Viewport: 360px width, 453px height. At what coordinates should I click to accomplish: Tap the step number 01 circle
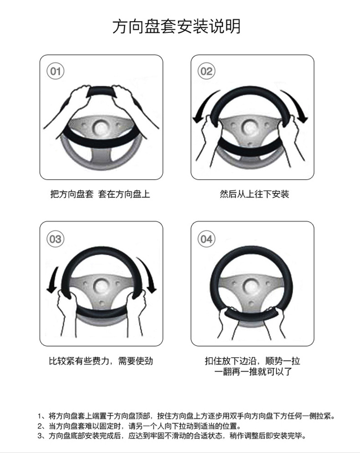tap(56, 71)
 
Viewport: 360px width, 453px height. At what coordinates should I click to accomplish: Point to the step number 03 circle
tap(56, 239)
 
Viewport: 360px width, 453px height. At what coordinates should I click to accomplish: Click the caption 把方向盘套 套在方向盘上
tap(100, 194)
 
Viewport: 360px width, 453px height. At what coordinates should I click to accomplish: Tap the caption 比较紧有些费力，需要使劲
tap(101, 361)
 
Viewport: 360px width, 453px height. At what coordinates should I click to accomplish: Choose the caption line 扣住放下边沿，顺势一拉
tap(252, 361)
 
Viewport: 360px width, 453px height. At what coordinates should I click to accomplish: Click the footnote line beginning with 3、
tap(173, 436)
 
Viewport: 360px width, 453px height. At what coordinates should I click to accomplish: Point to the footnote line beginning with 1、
tap(187, 416)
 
